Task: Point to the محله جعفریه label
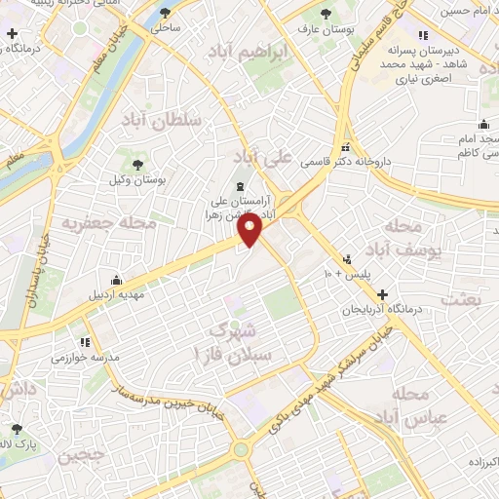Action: coord(96,223)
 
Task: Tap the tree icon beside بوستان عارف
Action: coord(326,14)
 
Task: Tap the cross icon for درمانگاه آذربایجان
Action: coord(382,294)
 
